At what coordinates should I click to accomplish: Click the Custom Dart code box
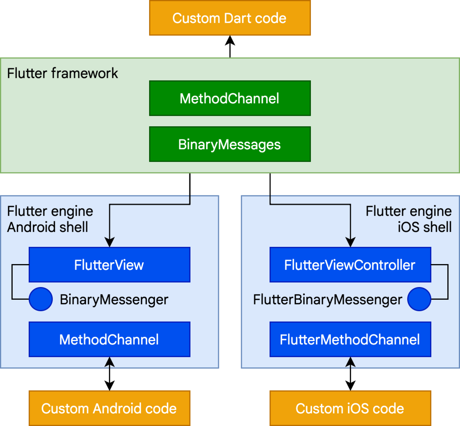230,18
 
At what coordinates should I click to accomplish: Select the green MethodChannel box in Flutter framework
230,98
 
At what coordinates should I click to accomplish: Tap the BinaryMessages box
230,144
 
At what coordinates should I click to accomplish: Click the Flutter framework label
62,73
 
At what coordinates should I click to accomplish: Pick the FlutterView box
109,265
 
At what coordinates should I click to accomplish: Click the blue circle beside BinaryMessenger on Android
41,299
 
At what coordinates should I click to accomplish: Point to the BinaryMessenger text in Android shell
114,299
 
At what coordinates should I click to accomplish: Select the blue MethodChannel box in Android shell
109,339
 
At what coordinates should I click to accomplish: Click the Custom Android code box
109,408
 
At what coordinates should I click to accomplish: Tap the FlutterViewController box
350,265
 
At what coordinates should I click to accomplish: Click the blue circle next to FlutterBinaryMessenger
419,299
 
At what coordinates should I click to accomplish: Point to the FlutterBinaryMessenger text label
327,299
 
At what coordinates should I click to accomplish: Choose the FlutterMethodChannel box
350,339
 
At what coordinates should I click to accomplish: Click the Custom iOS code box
350,408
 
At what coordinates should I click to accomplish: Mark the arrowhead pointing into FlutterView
110,243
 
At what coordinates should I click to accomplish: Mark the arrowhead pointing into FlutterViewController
350,243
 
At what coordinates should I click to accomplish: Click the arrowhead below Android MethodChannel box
110,362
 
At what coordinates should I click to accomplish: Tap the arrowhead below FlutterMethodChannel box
350,362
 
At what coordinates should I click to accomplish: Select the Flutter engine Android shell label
50,219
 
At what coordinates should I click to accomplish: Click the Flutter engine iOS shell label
409,219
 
